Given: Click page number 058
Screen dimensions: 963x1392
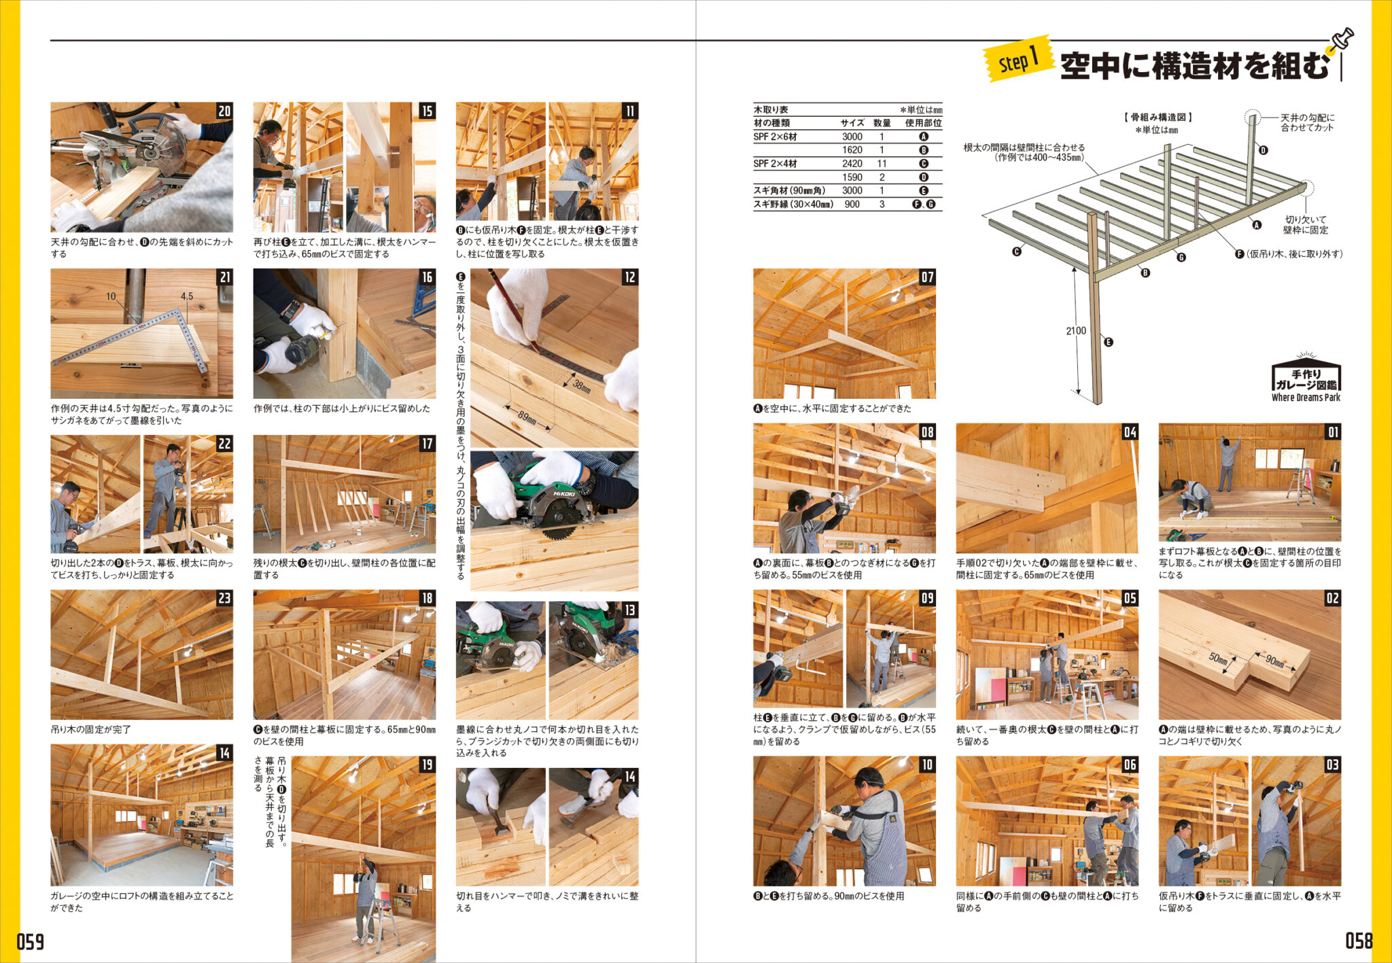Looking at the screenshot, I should tap(1358, 941).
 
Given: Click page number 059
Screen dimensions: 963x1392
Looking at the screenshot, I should tap(31, 941).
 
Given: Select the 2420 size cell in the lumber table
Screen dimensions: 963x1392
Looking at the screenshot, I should tap(852, 164).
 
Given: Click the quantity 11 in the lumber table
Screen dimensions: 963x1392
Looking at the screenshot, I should tap(882, 164).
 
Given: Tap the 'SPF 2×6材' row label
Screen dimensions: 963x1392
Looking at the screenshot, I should tap(775, 137).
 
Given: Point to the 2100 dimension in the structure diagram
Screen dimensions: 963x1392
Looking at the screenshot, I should tap(1075, 331).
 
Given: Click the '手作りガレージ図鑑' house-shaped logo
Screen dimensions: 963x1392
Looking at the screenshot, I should tap(1306, 380).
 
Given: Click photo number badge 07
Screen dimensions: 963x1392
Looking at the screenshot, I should tap(927, 277).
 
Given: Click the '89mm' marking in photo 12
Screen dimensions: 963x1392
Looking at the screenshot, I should tap(527, 417).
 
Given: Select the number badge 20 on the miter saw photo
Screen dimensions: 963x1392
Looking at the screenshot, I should tap(224, 111).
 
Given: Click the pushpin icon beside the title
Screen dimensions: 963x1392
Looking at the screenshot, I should tap(1342, 39).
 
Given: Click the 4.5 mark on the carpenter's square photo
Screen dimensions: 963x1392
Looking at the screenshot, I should tap(187, 296).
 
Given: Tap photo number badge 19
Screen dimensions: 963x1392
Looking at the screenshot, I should tap(427, 765).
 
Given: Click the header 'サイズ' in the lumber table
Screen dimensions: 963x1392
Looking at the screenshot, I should tap(852, 123).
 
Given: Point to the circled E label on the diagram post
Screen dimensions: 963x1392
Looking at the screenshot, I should tap(1109, 342).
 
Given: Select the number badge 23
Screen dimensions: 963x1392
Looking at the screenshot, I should tap(224, 598).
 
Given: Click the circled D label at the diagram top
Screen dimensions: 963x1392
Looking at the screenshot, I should tap(1263, 150).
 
